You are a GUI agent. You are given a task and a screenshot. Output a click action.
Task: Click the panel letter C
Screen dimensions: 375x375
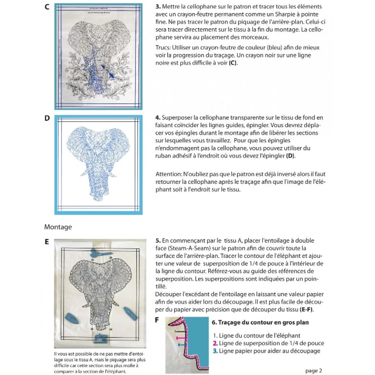[47, 7]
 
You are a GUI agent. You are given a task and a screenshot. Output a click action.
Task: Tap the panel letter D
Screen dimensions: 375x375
[47, 118]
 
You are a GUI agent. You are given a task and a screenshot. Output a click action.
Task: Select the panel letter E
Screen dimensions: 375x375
[47, 242]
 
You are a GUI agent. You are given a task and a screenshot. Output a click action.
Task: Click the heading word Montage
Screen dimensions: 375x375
[58, 227]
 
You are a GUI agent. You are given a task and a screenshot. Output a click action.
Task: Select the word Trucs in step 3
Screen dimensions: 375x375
[163, 47]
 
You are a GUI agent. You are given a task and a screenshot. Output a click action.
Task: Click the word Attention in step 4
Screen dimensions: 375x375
[169, 173]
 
